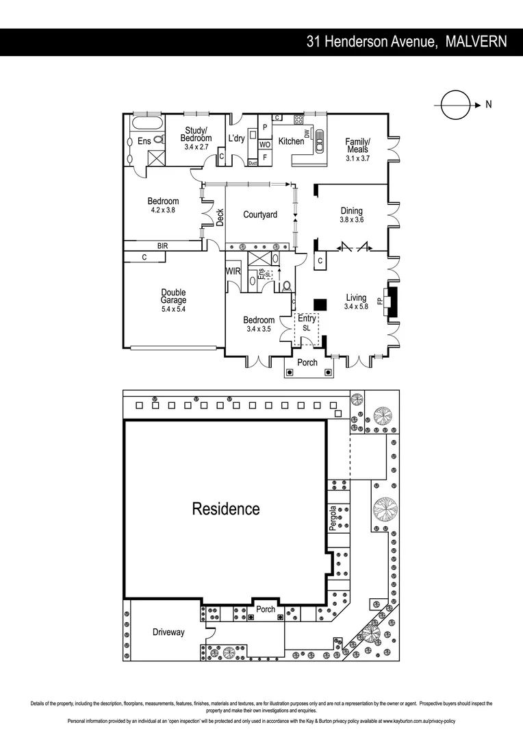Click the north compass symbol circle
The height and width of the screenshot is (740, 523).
tap(452, 105)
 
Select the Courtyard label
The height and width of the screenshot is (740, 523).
tap(260, 214)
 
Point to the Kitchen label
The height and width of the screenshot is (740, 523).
tap(291, 141)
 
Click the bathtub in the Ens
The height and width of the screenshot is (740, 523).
tap(146, 124)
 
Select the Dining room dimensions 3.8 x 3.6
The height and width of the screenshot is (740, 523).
tap(351, 220)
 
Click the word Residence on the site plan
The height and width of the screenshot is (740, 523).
tap(225, 509)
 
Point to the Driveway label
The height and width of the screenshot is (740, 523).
tap(168, 632)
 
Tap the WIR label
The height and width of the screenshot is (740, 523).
tap(233, 271)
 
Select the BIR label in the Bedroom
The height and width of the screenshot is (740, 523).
tap(162, 245)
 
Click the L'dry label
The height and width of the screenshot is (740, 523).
tap(236, 138)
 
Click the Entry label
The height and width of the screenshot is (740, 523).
tap(307, 319)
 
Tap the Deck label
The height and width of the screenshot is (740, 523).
tap(220, 217)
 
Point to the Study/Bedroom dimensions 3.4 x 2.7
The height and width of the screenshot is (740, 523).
tap(196, 147)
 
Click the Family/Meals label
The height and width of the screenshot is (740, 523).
tap(357, 145)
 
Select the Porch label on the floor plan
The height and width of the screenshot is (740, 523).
tap(307, 362)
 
